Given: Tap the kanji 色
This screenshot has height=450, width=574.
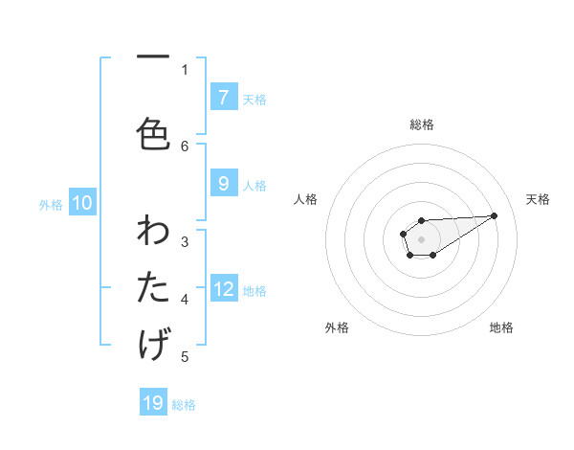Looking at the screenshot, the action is (x=153, y=133).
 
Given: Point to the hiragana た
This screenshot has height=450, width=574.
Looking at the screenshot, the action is (x=153, y=287).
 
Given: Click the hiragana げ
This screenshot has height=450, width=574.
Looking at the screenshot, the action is (x=153, y=343).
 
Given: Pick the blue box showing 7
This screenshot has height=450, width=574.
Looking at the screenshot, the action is (x=223, y=98).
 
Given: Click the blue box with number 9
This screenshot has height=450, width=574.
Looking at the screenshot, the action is (x=223, y=184).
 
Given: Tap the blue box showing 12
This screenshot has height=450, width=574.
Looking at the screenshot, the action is (x=223, y=289).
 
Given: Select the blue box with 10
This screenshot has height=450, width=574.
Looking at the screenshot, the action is (x=81, y=203).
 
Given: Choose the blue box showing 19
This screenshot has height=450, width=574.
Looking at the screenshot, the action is (x=153, y=403).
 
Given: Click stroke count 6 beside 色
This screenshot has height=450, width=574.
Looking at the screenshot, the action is (x=186, y=146).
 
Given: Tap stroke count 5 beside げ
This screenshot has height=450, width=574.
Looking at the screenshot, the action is (x=186, y=357).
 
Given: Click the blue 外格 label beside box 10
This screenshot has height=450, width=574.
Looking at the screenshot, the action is (x=50, y=204).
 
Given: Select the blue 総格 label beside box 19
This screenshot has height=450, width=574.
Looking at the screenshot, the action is (x=184, y=404).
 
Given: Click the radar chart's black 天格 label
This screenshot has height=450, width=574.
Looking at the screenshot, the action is (x=539, y=199).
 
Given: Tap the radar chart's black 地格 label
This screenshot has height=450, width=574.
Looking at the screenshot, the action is (x=501, y=327).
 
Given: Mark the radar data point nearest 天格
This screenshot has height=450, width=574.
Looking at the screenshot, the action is (x=495, y=214).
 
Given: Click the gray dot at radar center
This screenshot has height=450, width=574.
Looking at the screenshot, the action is (x=421, y=237).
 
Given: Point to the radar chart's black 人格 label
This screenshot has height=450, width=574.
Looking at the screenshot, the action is (x=305, y=199).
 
